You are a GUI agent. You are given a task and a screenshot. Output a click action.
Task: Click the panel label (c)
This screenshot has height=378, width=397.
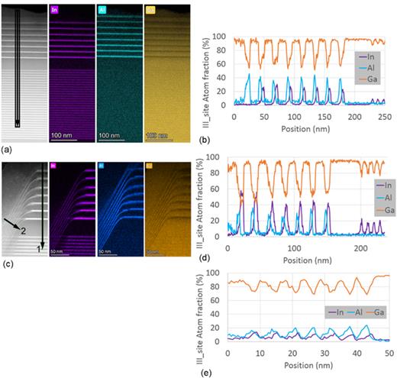tap(8, 265)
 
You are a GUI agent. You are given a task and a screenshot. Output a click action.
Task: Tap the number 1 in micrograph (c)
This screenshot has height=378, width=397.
tap(38, 249)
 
